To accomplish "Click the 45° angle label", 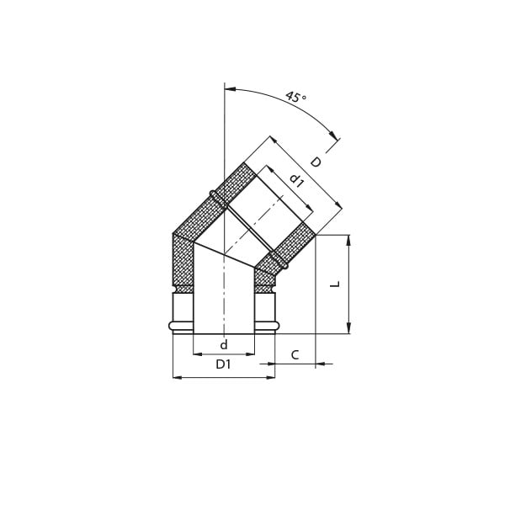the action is [x=295, y=97].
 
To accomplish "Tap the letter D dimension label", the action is [x=316, y=162].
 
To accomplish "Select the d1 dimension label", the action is [x=296, y=180].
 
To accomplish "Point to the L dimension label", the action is [x=336, y=284].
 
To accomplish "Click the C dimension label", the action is [x=295, y=355].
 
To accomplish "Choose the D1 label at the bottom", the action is [x=223, y=364].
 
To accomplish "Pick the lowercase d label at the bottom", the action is [x=224, y=344].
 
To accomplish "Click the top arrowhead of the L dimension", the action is [x=348, y=240].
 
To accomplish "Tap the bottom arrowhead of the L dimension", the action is [x=348, y=328].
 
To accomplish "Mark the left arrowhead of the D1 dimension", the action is [x=178, y=377].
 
